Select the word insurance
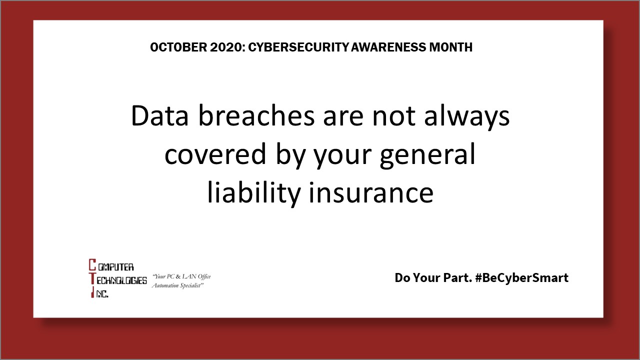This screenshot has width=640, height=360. (371, 193)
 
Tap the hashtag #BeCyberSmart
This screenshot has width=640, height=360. (522, 278)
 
